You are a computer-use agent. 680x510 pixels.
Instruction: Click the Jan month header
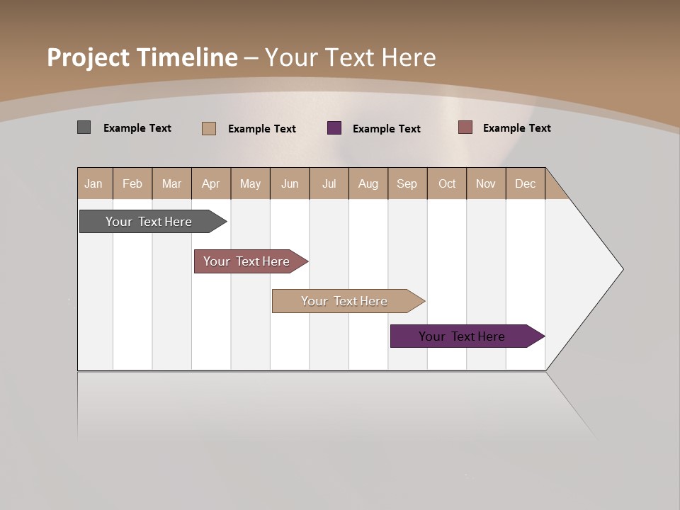point(93,183)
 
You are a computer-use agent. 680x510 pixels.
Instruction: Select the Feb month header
point(132,183)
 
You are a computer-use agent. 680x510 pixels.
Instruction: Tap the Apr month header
point(210,183)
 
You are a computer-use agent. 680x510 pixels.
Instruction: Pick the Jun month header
point(290,183)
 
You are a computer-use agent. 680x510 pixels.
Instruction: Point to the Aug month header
point(368,183)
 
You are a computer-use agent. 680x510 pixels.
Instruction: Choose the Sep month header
point(407,183)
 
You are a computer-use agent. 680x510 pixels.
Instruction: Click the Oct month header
point(447,183)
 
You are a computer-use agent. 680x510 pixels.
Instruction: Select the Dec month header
point(525,183)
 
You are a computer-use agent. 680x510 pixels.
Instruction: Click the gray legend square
point(84,127)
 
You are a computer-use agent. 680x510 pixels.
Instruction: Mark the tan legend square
point(208,128)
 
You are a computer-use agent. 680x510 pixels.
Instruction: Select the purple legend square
point(334,128)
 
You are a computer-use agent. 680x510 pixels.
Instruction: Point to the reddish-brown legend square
point(465,127)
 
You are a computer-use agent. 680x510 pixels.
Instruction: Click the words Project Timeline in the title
point(142,57)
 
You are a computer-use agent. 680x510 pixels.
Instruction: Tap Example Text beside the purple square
point(386,129)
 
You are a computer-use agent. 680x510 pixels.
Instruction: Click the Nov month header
point(485,183)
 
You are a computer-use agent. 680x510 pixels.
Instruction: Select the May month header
point(250,183)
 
